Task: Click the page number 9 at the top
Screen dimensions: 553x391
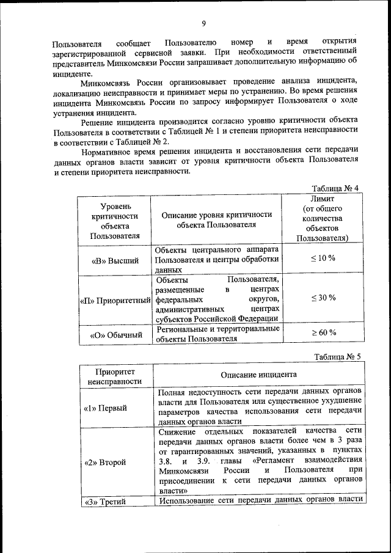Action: tap(203, 23)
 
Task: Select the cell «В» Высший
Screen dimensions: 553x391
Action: tap(115, 260)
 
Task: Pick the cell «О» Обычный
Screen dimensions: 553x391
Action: tap(115, 335)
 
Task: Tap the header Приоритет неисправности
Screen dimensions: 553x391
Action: tap(115, 376)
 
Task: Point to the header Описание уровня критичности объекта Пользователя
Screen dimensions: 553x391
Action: tap(215, 219)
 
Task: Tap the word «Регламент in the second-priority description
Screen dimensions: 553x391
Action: tap(283, 459)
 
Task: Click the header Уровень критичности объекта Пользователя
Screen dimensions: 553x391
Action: tap(115, 220)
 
